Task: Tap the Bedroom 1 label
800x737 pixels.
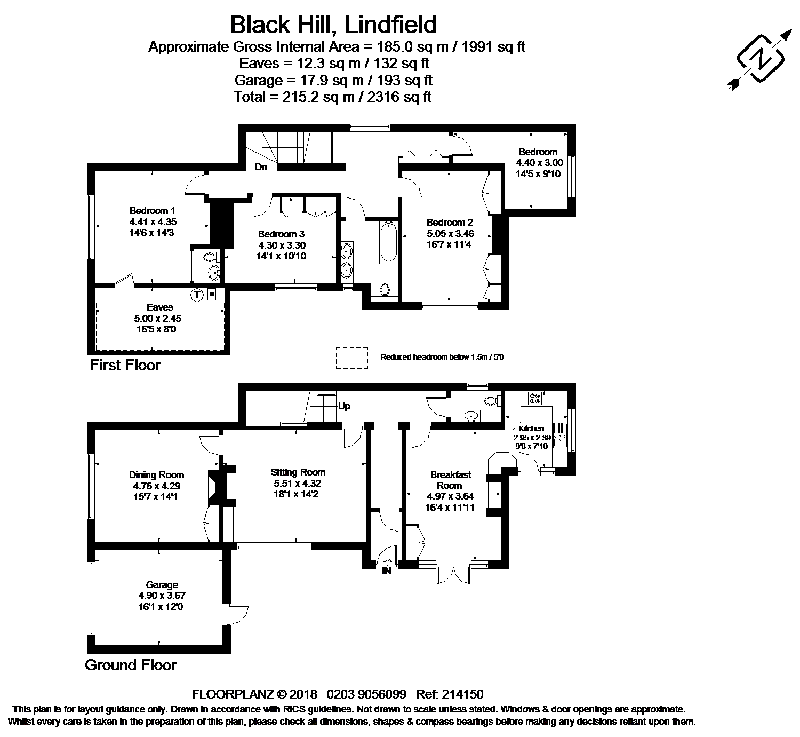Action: [x=153, y=210]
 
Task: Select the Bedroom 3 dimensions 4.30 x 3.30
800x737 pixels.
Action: [x=282, y=245]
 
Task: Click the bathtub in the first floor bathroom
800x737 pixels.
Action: [x=388, y=242]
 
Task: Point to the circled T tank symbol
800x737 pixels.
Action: [x=197, y=295]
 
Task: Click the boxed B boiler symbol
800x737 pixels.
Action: [x=212, y=294]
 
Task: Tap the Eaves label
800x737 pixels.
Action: [x=160, y=307]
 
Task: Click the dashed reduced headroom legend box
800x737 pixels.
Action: [x=352, y=358]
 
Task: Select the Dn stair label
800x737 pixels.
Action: [x=261, y=167]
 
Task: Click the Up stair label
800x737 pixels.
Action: [x=344, y=406]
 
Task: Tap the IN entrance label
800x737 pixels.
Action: [x=387, y=571]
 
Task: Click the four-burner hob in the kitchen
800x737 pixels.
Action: [x=535, y=398]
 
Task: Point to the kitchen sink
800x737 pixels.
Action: [x=560, y=435]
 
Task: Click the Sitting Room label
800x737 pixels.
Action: [x=298, y=472]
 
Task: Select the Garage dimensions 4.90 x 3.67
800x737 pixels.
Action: [x=162, y=595]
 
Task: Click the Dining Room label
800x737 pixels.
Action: [x=156, y=474]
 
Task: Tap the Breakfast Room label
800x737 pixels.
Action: [x=451, y=480]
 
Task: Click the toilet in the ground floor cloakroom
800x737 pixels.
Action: [x=491, y=400]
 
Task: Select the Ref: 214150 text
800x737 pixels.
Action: [x=450, y=694]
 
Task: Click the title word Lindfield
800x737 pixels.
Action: [x=390, y=25]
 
